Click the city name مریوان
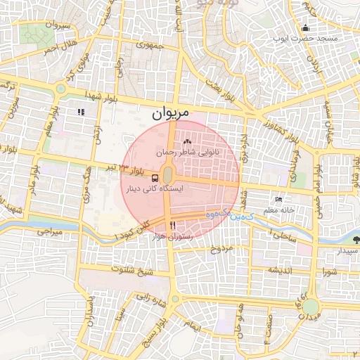pos(171,112)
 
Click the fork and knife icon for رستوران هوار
pos(172,225)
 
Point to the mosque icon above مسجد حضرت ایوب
pos(305,28)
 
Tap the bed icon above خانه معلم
pos(278,200)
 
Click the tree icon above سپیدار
pos(354,240)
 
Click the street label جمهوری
pos(150,46)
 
